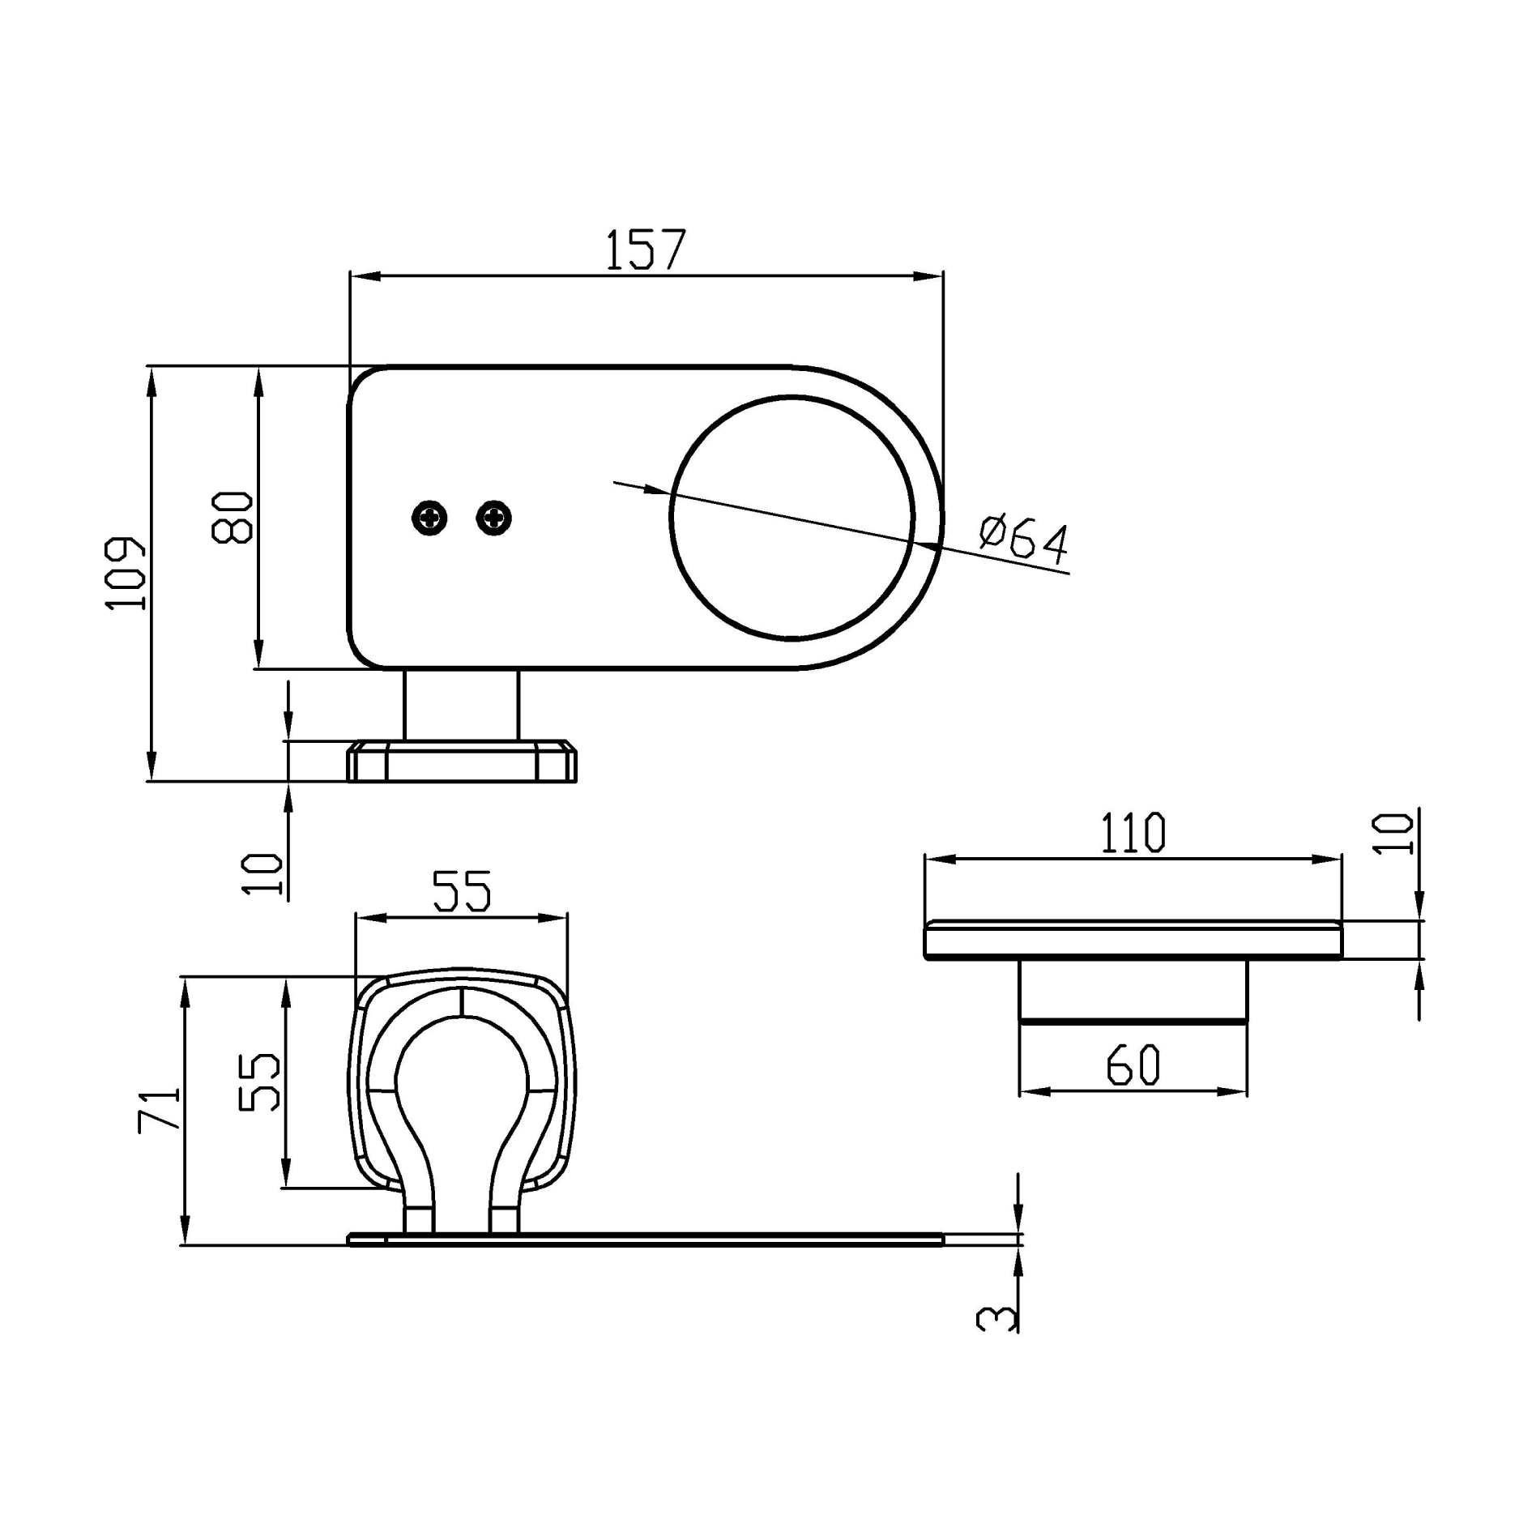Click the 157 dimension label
click(646, 250)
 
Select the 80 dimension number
click(233, 517)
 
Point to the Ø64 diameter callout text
click(1024, 539)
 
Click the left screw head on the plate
click(429, 517)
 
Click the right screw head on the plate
click(494, 517)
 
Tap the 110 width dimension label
click(1133, 833)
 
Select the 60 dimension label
click(1133, 1065)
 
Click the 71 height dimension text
click(159, 1110)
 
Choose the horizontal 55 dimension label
click(461, 891)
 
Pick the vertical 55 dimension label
click(260, 1082)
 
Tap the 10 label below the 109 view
click(263, 873)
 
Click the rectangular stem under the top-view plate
click(461, 704)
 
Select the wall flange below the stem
click(462, 762)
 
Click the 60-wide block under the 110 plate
click(1133, 991)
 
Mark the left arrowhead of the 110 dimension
click(938, 859)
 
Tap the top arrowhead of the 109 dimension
click(151, 380)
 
